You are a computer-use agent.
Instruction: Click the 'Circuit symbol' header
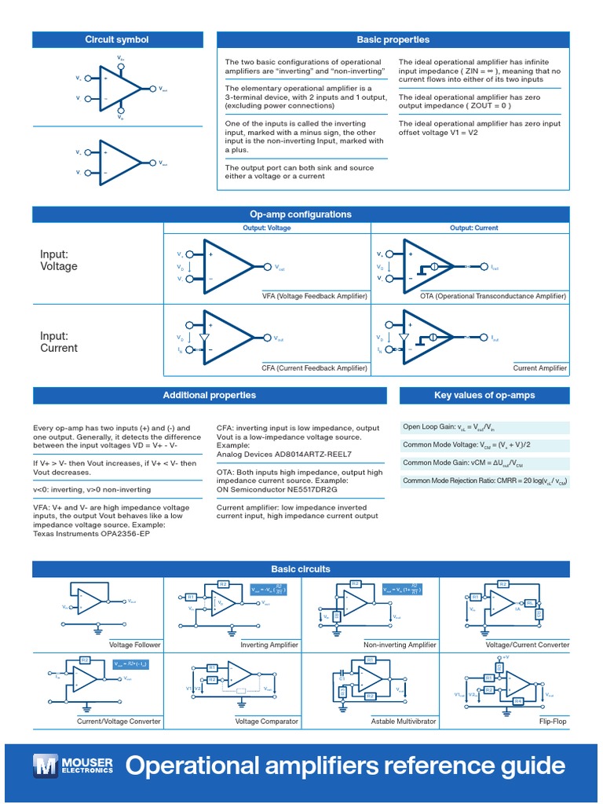(x=116, y=40)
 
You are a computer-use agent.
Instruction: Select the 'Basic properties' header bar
(x=393, y=40)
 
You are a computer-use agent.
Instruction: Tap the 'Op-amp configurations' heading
(x=301, y=214)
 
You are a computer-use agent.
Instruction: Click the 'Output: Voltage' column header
(x=267, y=228)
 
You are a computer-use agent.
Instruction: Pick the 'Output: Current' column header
(x=473, y=228)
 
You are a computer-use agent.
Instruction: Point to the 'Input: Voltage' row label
(x=59, y=260)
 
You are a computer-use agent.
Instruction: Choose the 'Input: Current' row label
(x=59, y=342)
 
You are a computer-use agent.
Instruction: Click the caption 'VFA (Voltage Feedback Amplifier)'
(x=315, y=296)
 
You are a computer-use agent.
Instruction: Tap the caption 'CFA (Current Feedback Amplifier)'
(x=315, y=367)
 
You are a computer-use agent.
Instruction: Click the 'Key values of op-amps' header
(x=484, y=395)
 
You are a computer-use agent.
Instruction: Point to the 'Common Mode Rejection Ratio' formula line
(x=484, y=480)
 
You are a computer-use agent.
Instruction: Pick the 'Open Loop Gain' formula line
(x=449, y=427)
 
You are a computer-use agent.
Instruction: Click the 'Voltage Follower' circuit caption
(x=135, y=645)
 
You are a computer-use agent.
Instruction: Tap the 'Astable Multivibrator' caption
(x=404, y=721)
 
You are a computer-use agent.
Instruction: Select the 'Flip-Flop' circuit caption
(x=553, y=721)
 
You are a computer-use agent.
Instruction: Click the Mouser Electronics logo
(x=73, y=765)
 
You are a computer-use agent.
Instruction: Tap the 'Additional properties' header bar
(x=209, y=395)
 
